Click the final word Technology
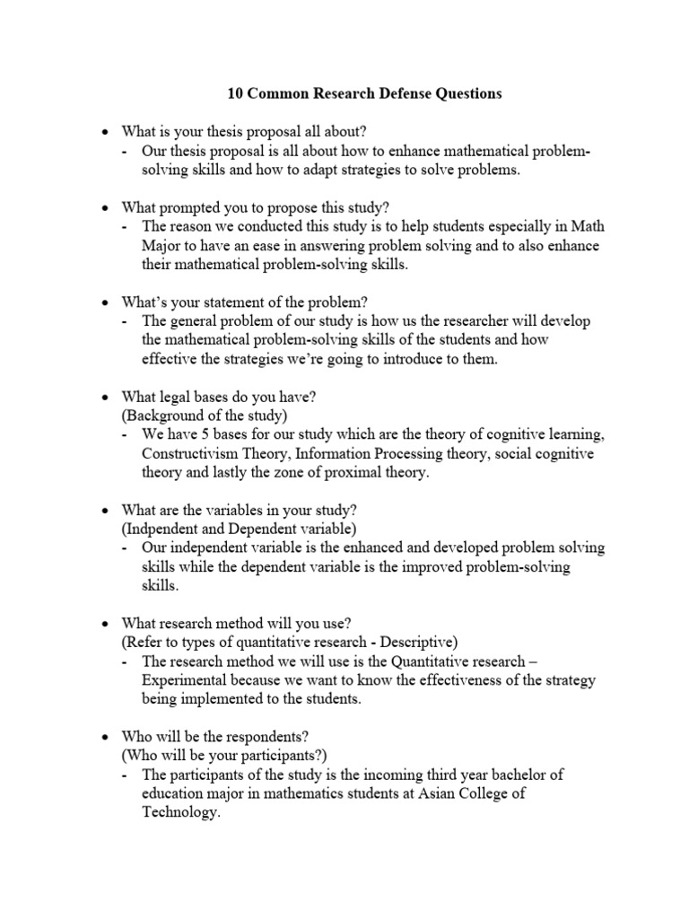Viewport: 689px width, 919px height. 179,812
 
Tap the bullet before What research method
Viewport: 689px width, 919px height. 104,624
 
